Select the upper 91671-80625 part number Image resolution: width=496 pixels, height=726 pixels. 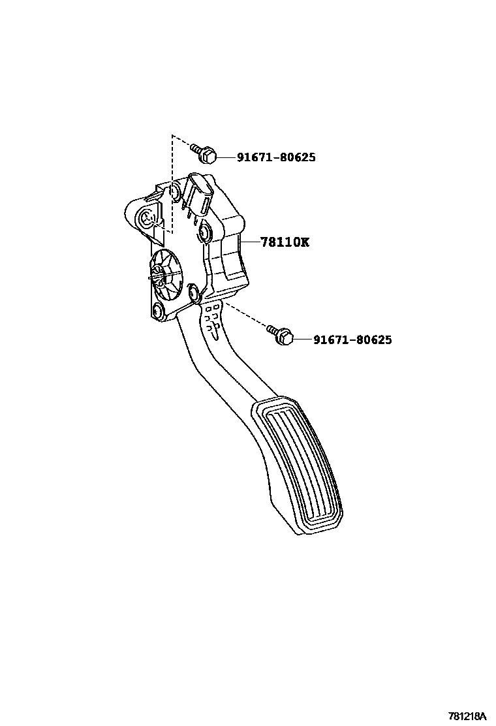click(x=276, y=157)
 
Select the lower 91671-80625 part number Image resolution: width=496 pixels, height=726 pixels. click(x=352, y=340)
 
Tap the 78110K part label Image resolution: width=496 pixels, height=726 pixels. click(x=285, y=242)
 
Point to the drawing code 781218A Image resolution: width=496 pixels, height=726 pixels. click(x=467, y=716)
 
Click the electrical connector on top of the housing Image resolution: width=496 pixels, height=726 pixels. click(x=198, y=194)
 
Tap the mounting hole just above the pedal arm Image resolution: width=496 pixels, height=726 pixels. click(x=193, y=292)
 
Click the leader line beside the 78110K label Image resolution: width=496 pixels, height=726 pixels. click(x=249, y=242)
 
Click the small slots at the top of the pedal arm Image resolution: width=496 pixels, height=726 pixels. click(x=213, y=320)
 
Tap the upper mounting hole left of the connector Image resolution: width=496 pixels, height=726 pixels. click(x=174, y=192)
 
